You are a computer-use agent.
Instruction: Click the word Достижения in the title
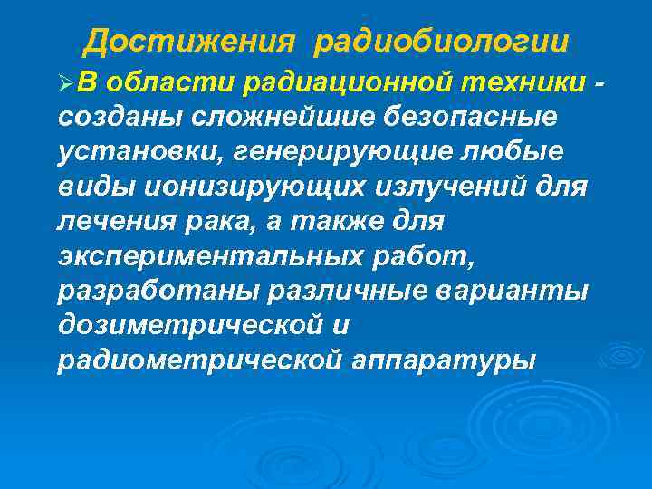pos(190,42)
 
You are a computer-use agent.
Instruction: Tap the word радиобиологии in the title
pos(443,42)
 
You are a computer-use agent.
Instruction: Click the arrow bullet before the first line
pos(63,84)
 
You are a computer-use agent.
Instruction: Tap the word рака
pos(204,222)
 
